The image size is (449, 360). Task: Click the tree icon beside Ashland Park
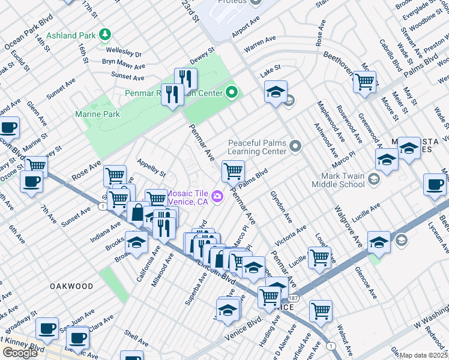pyautogui.click(x=106, y=35)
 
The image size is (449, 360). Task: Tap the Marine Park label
pyautogui.click(x=97, y=114)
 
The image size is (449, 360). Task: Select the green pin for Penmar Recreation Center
pyautogui.click(x=232, y=92)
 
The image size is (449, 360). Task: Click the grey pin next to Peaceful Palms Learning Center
pyautogui.click(x=295, y=146)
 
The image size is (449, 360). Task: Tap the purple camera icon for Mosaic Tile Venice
pyautogui.click(x=217, y=196)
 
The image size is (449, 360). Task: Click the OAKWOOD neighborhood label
pyautogui.click(x=71, y=286)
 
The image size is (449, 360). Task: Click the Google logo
pyautogui.click(x=20, y=353)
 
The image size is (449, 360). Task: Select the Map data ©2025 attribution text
pyautogui.click(x=424, y=355)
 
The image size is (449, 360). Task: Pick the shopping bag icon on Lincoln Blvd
pyautogui.click(x=138, y=212)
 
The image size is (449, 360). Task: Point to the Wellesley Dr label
pyautogui.click(x=122, y=53)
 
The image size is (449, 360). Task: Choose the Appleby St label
pyautogui.click(x=151, y=167)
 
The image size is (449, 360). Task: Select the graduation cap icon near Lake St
pyautogui.click(x=276, y=92)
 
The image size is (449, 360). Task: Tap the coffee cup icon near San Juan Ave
pyautogui.click(x=47, y=329)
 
